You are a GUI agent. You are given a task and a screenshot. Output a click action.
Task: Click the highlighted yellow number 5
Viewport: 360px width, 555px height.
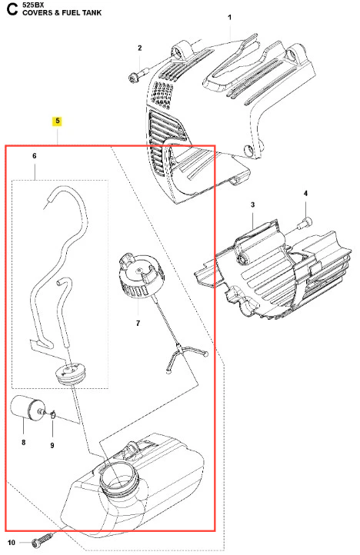pos(57,121)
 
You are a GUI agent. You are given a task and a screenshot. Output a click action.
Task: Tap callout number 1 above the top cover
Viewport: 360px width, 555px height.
pos(229,18)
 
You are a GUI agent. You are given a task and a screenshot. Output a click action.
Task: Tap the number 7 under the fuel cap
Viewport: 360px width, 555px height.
pos(138,323)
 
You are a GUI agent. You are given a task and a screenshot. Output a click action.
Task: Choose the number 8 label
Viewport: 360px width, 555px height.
pos(23,442)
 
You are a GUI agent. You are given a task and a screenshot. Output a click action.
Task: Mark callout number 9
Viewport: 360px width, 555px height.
pos(52,445)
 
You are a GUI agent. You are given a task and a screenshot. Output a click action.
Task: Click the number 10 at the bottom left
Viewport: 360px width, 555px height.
pos(12,543)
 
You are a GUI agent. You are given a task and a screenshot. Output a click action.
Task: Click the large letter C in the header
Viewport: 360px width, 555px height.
pos(12,9)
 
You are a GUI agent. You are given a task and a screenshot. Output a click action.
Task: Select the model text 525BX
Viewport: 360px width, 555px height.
pos(33,5)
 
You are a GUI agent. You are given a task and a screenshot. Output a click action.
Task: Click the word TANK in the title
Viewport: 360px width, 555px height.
pos(92,13)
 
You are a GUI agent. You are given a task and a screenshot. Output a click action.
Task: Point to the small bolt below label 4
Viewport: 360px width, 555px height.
pos(306,221)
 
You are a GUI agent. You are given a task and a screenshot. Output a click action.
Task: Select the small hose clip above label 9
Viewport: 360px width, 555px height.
pos(53,414)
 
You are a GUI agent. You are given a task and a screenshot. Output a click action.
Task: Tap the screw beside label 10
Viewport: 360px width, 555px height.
pos(43,541)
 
